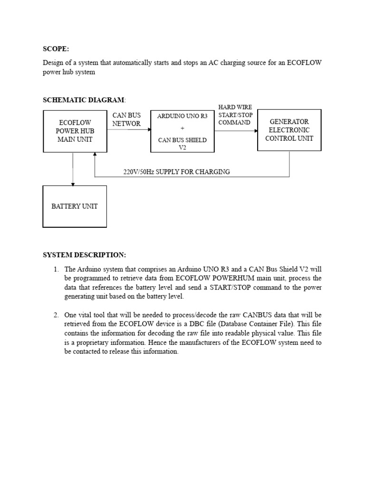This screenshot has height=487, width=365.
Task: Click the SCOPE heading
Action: (56, 49)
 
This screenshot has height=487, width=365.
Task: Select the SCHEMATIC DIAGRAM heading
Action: (84, 100)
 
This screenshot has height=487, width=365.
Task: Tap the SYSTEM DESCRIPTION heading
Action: (85, 255)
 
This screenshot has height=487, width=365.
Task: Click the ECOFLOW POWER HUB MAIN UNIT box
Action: (73, 131)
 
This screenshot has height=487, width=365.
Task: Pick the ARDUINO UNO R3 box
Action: (182, 131)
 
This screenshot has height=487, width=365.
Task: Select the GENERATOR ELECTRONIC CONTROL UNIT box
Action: (289, 130)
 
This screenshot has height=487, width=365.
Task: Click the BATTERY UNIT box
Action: (75, 206)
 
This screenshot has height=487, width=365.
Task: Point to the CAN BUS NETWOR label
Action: (126, 119)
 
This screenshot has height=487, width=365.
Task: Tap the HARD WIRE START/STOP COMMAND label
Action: (235, 115)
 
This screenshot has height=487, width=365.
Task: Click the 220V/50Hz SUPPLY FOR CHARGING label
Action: (176, 172)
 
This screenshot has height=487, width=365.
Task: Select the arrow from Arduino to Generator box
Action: (236, 131)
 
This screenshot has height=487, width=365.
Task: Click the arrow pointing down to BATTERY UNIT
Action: (73, 183)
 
